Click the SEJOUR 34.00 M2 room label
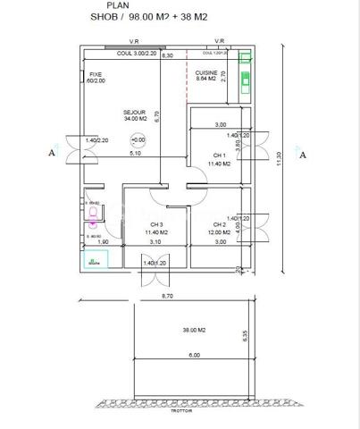136,115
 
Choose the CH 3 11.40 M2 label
158,228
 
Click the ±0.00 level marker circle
138,140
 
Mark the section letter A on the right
303,154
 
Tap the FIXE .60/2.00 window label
96,78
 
